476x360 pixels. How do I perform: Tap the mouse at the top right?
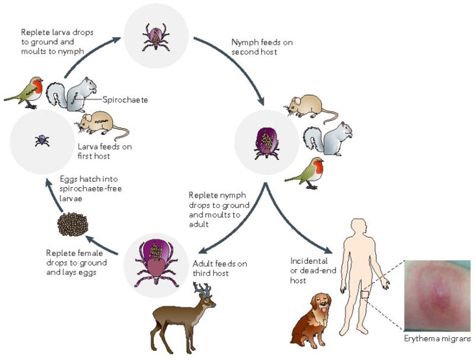(305, 107)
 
